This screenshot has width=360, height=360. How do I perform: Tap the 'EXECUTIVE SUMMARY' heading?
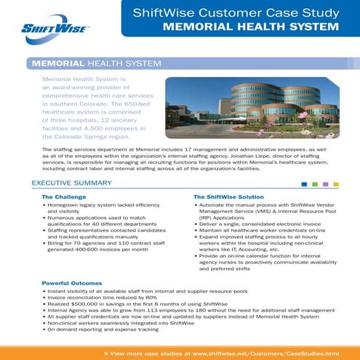point(71,183)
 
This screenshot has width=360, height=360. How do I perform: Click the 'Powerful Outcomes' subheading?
point(71,282)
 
